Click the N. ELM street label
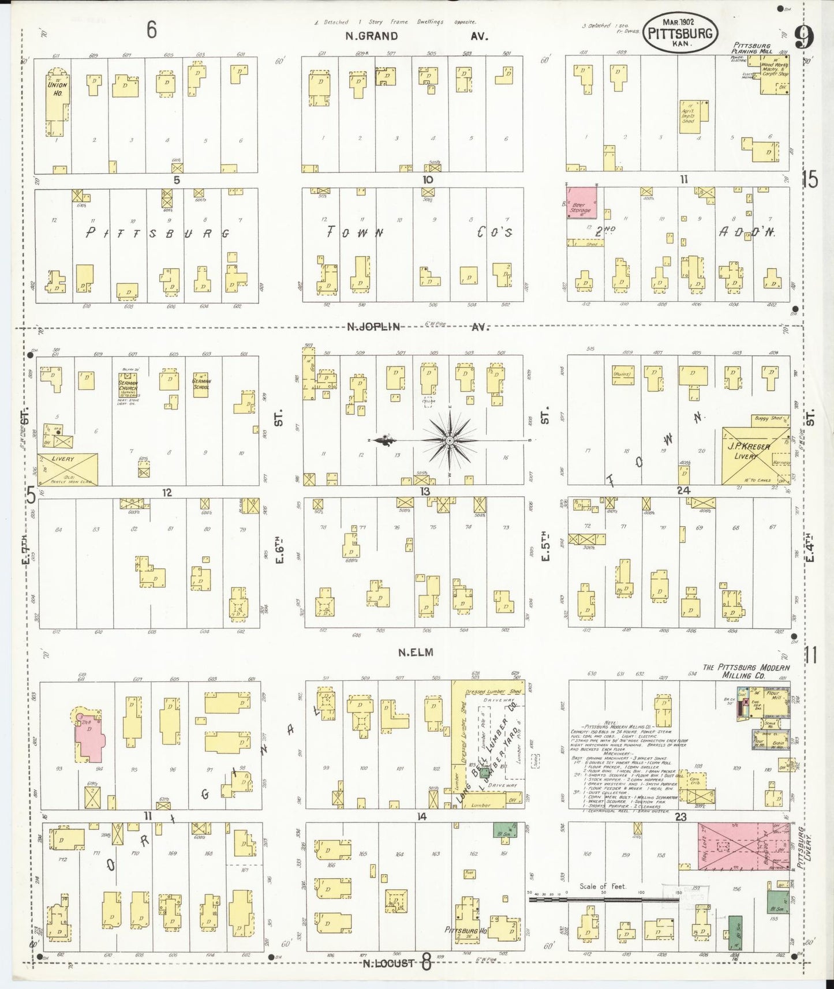pyautogui.click(x=415, y=653)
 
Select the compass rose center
pyautogui.click(x=448, y=441)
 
